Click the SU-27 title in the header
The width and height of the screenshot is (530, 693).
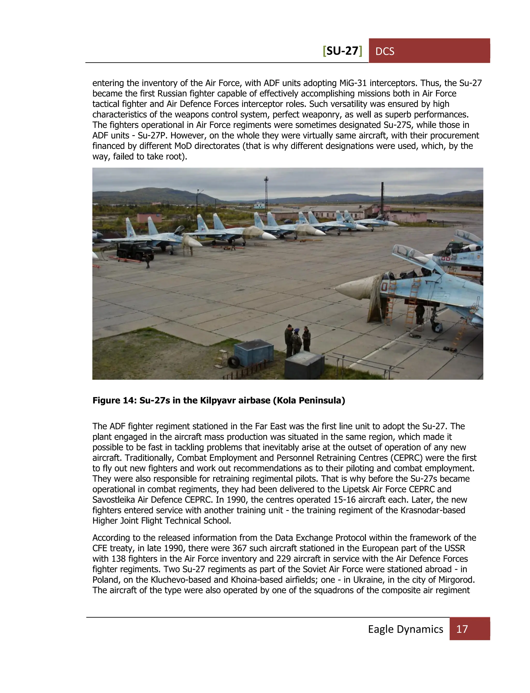[x=343, y=51]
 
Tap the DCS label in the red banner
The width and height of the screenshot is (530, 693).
[x=385, y=51]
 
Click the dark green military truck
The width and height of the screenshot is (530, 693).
[x=135, y=250]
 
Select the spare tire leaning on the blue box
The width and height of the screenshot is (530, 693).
[x=233, y=362]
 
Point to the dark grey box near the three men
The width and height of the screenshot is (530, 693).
[x=304, y=366]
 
